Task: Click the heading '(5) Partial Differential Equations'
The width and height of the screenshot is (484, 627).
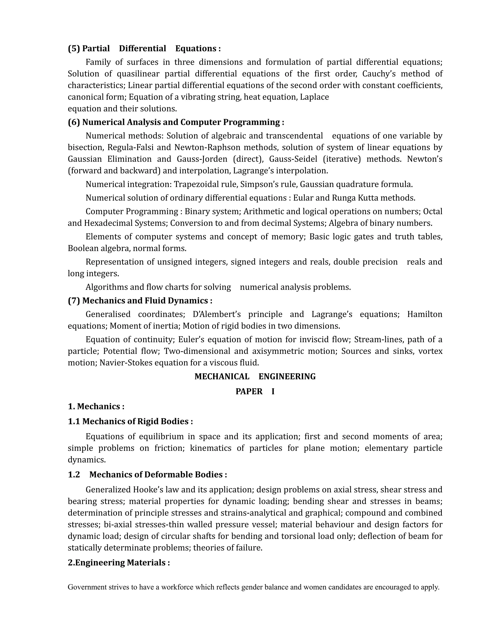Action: [x=144, y=49]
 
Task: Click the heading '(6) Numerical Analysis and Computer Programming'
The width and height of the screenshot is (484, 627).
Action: [x=176, y=122]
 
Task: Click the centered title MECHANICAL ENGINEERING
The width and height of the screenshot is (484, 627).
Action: [x=255, y=377]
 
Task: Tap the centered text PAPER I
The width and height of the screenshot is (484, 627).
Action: [x=255, y=392]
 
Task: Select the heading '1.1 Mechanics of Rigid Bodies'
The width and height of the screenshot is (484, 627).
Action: [x=130, y=421]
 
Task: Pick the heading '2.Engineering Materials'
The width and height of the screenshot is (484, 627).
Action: [x=119, y=562]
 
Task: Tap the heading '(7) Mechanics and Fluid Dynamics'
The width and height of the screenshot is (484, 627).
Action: [x=140, y=300]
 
